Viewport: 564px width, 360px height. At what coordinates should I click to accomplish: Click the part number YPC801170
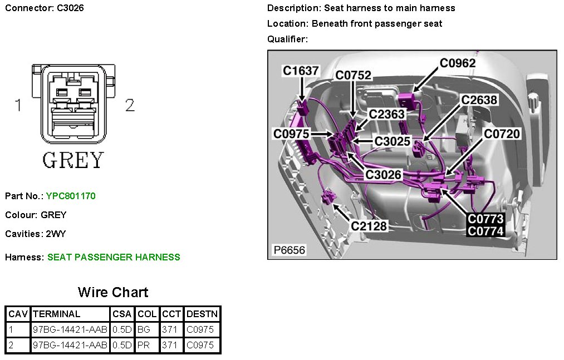pyautogui.click(x=71, y=196)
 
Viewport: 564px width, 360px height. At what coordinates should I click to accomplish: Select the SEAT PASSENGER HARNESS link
pyautogui.click(x=114, y=257)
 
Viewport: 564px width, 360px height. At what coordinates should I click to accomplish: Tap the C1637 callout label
pyautogui.click(x=301, y=71)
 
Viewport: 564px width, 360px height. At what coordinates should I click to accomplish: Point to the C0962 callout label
pyautogui.click(x=458, y=63)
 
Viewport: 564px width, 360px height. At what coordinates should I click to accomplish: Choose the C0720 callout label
pyautogui.click(x=502, y=134)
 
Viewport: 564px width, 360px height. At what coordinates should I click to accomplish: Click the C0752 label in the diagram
pyautogui.click(x=353, y=76)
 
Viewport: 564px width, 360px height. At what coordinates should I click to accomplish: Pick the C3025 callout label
pyautogui.click(x=393, y=141)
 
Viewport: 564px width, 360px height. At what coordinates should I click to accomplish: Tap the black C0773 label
pyautogui.click(x=485, y=219)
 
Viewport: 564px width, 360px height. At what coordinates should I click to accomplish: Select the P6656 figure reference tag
pyautogui.click(x=289, y=250)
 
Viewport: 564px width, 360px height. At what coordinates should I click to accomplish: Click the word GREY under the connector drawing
pyautogui.click(x=73, y=160)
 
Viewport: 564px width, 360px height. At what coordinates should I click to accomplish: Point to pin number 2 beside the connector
pyautogui.click(x=130, y=105)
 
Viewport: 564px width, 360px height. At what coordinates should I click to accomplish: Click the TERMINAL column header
pyautogui.click(x=56, y=314)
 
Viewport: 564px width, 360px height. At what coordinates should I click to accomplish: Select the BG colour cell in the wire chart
pyautogui.click(x=144, y=329)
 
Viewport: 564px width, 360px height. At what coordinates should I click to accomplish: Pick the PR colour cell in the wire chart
pyautogui.click(x=143, y=345)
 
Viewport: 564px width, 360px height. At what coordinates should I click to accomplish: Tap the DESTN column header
pyautogui.click(x=202, y=314)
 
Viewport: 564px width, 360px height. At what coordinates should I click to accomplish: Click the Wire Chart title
pyautogui.click(x=113, y=292)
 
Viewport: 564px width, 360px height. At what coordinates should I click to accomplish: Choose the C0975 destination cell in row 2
pyautogui.click(x=199, y=345)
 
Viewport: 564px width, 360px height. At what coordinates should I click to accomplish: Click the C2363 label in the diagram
pyautogui.click(x=386, y=114)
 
